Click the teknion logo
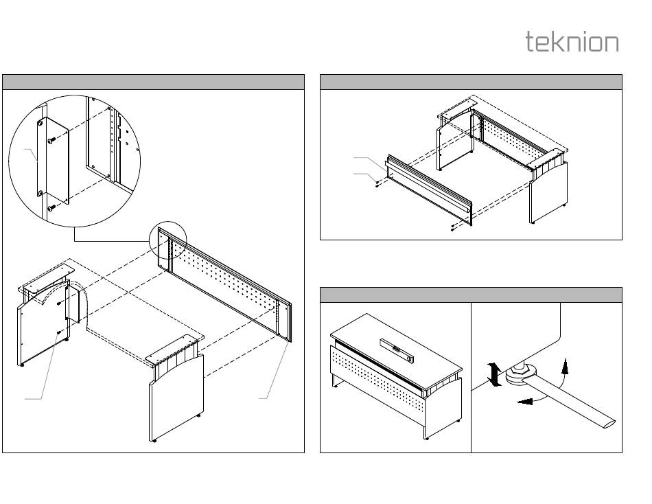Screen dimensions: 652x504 (x=572, y=42)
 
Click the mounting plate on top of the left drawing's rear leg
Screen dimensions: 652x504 (x=48, y=273)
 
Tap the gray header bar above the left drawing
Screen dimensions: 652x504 (x=153, y=82)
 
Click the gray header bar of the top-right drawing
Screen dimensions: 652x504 (x=471, y=82)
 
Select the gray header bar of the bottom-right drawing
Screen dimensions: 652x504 (x=471, y=295)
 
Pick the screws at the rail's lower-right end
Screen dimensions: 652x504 (x=453, y=227)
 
